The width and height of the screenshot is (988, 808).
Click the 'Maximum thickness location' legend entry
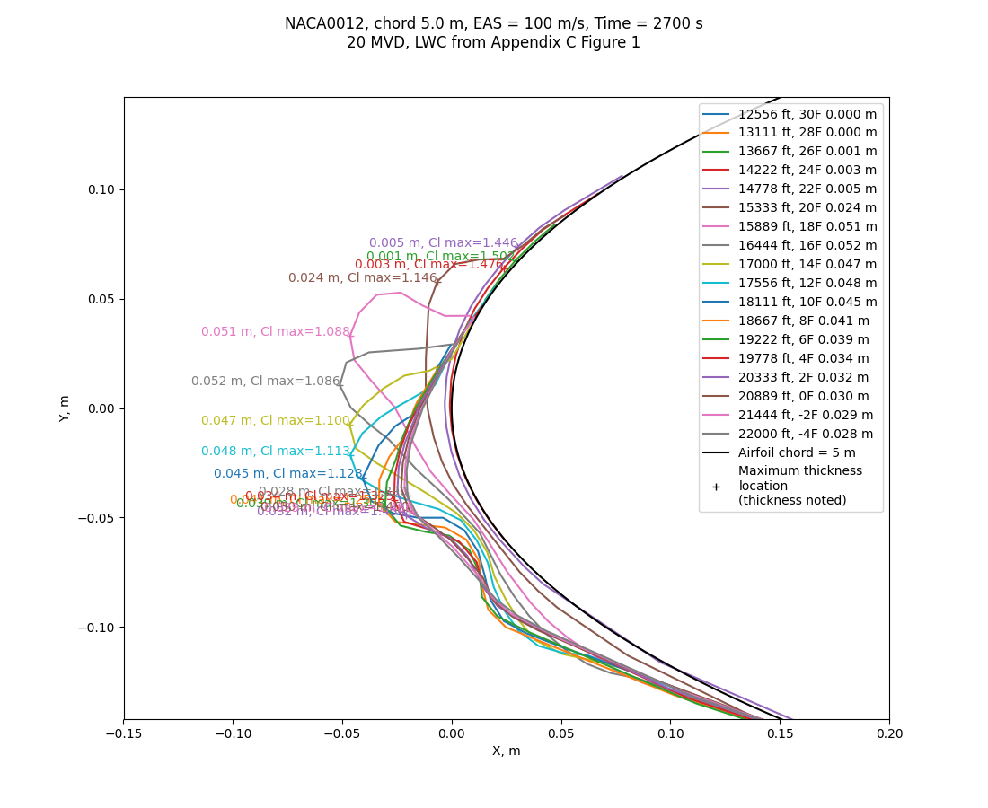click(x=799, y=486)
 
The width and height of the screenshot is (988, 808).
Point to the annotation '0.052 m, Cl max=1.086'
click(x=265, y=382)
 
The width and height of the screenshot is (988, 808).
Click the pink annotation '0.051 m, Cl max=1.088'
click(x=275, y=332)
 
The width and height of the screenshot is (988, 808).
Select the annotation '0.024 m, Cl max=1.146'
click(x=362, y=278)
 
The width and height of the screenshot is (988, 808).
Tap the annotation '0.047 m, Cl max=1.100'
click(x=275, y=421)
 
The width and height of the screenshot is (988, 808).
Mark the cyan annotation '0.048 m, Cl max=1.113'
click(x=275, y=452)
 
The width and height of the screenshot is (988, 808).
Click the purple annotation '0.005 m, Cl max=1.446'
click(x=443, y=243)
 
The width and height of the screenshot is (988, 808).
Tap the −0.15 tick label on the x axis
click(x=124, y=734)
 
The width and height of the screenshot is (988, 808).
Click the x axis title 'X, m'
click(x=506, y=751)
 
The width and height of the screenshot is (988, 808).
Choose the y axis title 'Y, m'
click(x=65, y=408)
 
